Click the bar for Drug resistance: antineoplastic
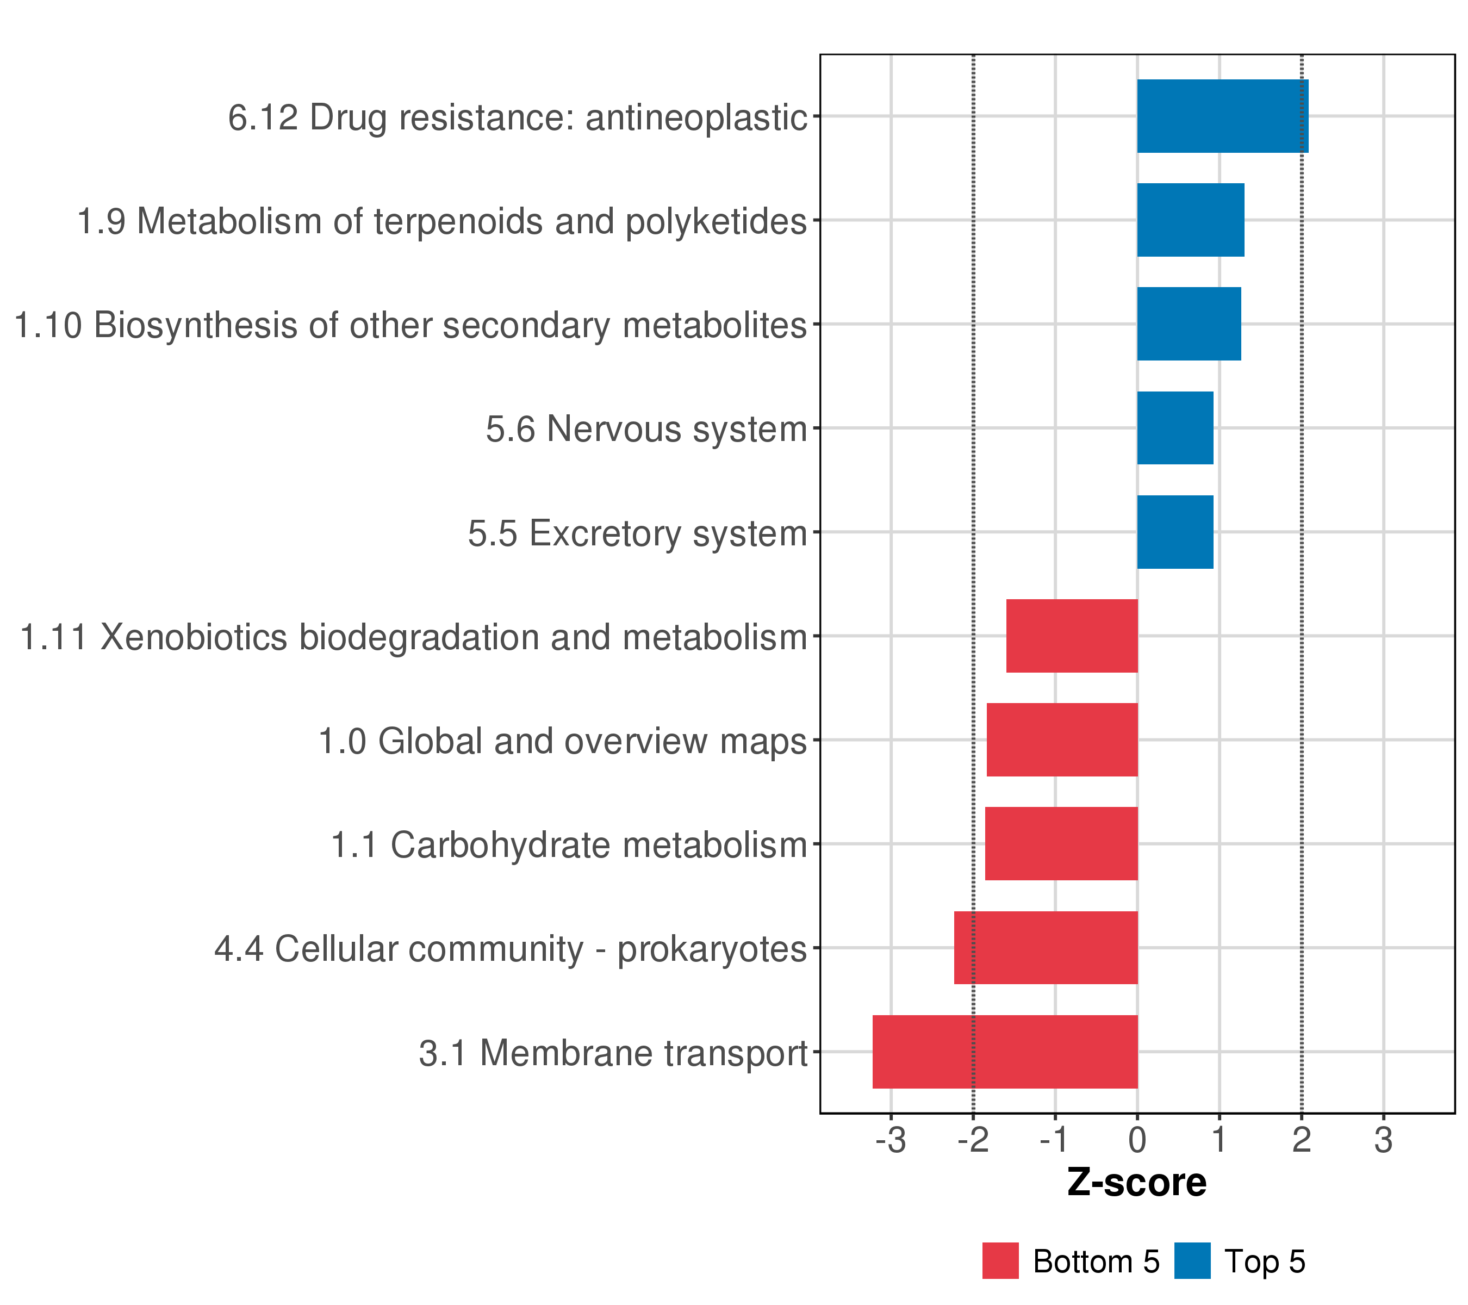(1222, 116)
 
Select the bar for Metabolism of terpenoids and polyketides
(1190, 220)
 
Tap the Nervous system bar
(1175, 428)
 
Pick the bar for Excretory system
(1175, 532)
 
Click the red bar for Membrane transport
(1005, 1052)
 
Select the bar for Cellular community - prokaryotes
(1046, 947)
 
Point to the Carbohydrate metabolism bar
(1061, 844)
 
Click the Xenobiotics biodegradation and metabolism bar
(1072, 636)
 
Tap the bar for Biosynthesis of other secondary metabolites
(1189, 324)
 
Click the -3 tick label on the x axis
(891, 1141)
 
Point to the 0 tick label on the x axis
(1137, 1141)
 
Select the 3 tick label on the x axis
(1383, 1141)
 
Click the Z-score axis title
(1137, 1182)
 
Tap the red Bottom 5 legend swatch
(1000, 1261)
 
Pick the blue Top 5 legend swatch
(1192, 1261)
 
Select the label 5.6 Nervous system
(646, 430)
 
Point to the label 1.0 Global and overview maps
(562, 741)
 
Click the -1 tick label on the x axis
(1054, 1141)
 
